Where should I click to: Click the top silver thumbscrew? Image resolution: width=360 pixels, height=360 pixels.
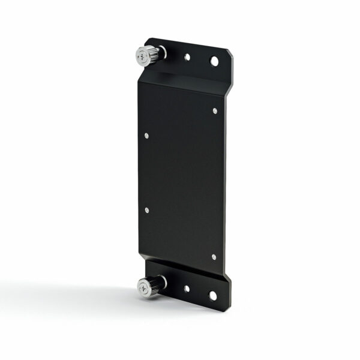coord(148,56)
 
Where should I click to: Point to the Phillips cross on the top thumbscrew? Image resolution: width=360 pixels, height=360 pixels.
coord(142,57)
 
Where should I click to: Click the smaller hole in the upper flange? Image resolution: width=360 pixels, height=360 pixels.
coord(188,58)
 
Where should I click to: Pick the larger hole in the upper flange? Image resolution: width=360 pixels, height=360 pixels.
coord(214,61)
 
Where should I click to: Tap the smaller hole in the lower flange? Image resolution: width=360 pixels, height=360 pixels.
coord(187,288)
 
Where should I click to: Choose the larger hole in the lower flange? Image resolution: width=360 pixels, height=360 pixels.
coord(212,295)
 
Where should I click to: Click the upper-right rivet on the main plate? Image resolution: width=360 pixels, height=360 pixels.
coord(215,110)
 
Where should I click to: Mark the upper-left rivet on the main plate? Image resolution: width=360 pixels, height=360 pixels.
coord(146,136)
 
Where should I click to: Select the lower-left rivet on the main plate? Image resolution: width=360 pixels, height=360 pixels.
coord(146,210)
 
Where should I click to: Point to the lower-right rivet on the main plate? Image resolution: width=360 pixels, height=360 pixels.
coord(214,257)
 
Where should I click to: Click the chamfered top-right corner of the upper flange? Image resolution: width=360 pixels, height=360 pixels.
coord(229,52)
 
